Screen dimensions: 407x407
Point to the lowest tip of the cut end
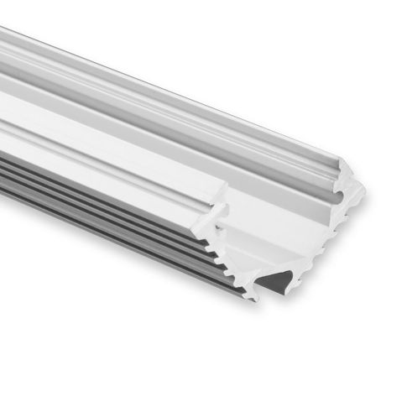click(x=250, y=296)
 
